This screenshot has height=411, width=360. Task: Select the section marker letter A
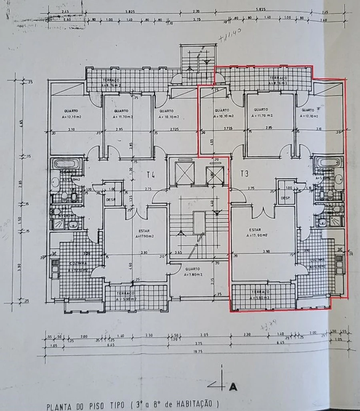pos(233,387)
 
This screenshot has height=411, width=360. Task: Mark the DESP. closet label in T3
pos(285,198)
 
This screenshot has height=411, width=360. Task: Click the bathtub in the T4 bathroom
pos(67,164)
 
